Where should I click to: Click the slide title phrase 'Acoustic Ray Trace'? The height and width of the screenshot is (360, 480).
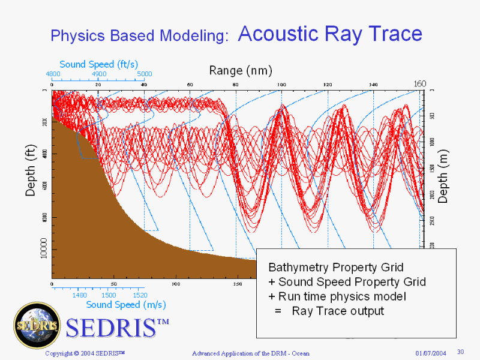click(330, 34)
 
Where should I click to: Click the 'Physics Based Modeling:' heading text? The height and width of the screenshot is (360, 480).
click(140, 35)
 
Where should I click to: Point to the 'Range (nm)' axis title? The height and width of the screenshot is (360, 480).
click(240, 71)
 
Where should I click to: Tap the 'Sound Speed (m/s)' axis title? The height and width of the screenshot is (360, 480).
click(125, 304)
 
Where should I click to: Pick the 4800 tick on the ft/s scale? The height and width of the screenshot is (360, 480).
click(53, 74)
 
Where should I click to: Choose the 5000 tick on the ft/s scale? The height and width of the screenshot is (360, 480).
click(145, 74)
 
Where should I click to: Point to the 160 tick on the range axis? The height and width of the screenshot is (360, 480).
click(420, 83)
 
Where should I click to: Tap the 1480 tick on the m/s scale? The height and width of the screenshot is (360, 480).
click(80, 295)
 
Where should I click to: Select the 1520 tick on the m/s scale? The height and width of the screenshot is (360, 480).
click(140, 295)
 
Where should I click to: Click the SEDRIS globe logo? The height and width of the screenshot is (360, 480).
click(37, 325)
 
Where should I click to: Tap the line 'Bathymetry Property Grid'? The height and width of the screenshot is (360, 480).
click(335, 267)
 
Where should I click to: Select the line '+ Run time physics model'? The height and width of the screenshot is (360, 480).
click(337, 296)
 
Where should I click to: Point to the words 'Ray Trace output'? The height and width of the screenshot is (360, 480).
click(338, 311)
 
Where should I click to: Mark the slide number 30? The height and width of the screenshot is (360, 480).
click(461, 352)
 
